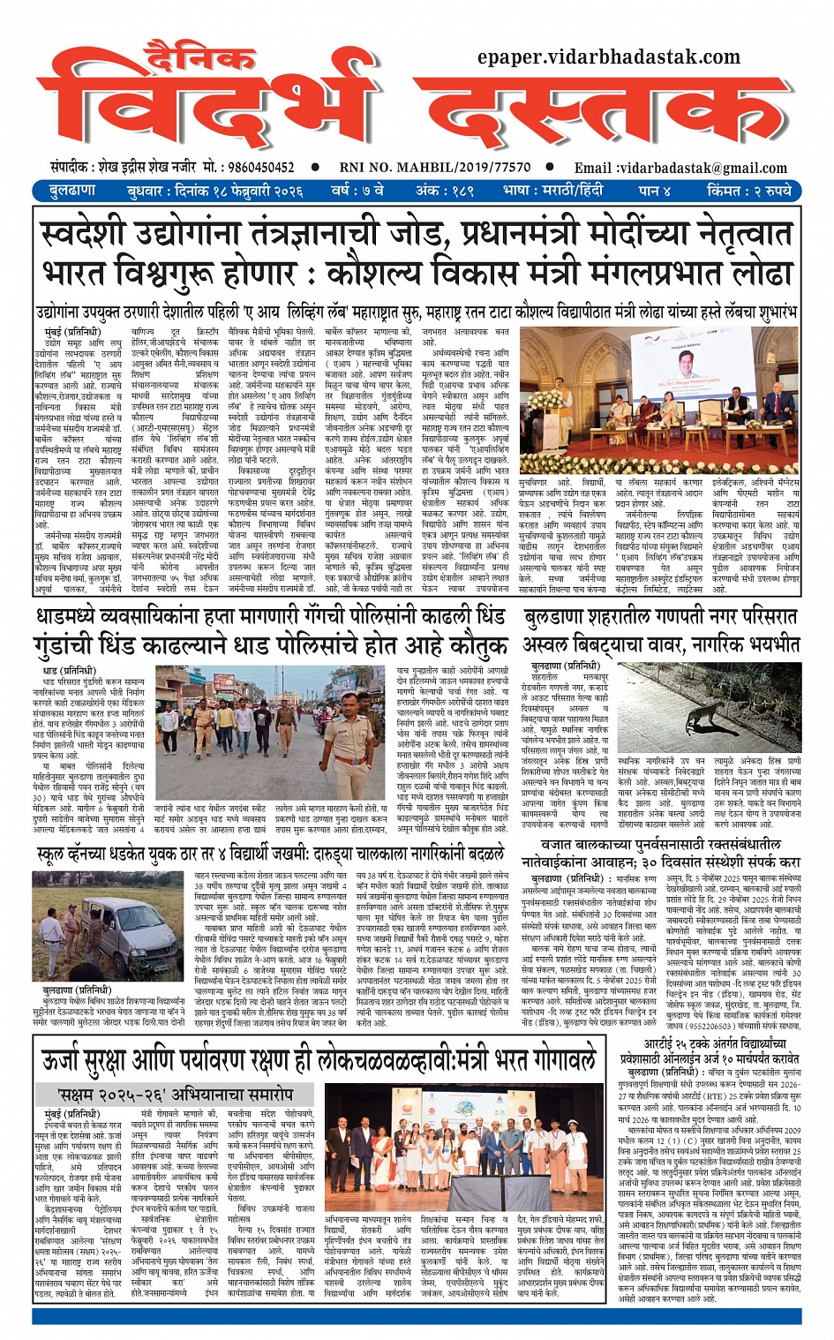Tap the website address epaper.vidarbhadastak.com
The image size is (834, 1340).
[x=608, y=57]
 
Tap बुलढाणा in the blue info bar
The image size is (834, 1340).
[x=72, y=191]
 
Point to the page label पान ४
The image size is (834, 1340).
[x=656, y=191]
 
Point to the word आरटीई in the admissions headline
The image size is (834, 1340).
[x=670, y=1043]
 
